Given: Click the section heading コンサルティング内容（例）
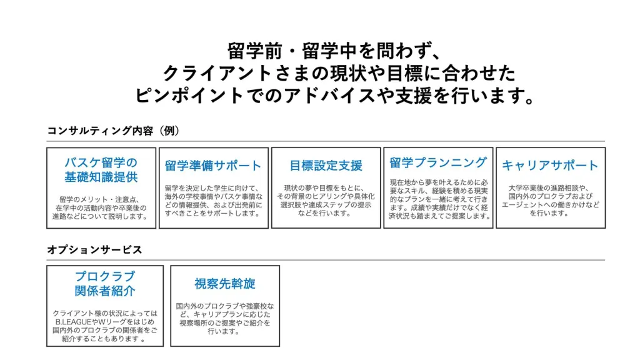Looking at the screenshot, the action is pyautogui.click(x=114, y=131).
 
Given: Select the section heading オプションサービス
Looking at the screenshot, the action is pyautogui.click(x=94, y=249).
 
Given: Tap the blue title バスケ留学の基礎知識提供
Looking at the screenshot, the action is pyautogui.click(x=101, y=170).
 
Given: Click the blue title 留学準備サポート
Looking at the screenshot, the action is pyautogui.click(x=213, y=165).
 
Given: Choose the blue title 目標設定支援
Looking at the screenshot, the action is pyautogui.click(x=326, y=165).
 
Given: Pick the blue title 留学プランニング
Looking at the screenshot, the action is pyautogui.click(x=438, y=162).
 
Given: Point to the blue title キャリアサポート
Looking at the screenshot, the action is pyautogui.click(x=550, y=165).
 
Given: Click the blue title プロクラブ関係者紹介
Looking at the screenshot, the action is pyautogui.click(x=105, y=284).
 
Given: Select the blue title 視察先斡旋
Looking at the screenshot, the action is pyautogui.click(x=225, y=284).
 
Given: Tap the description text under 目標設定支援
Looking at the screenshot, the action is pyautogui.click(x=326, y=201).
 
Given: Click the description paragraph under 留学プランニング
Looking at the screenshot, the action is pyautogui.click(x=438, y=199).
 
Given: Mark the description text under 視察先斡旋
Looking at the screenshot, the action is pyautogui.click(x=225, y=319).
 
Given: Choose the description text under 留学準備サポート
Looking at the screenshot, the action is pyautogui.click(x=214, y=201).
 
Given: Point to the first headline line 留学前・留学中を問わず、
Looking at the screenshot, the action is pyautogui.click(x=334, y=51).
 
